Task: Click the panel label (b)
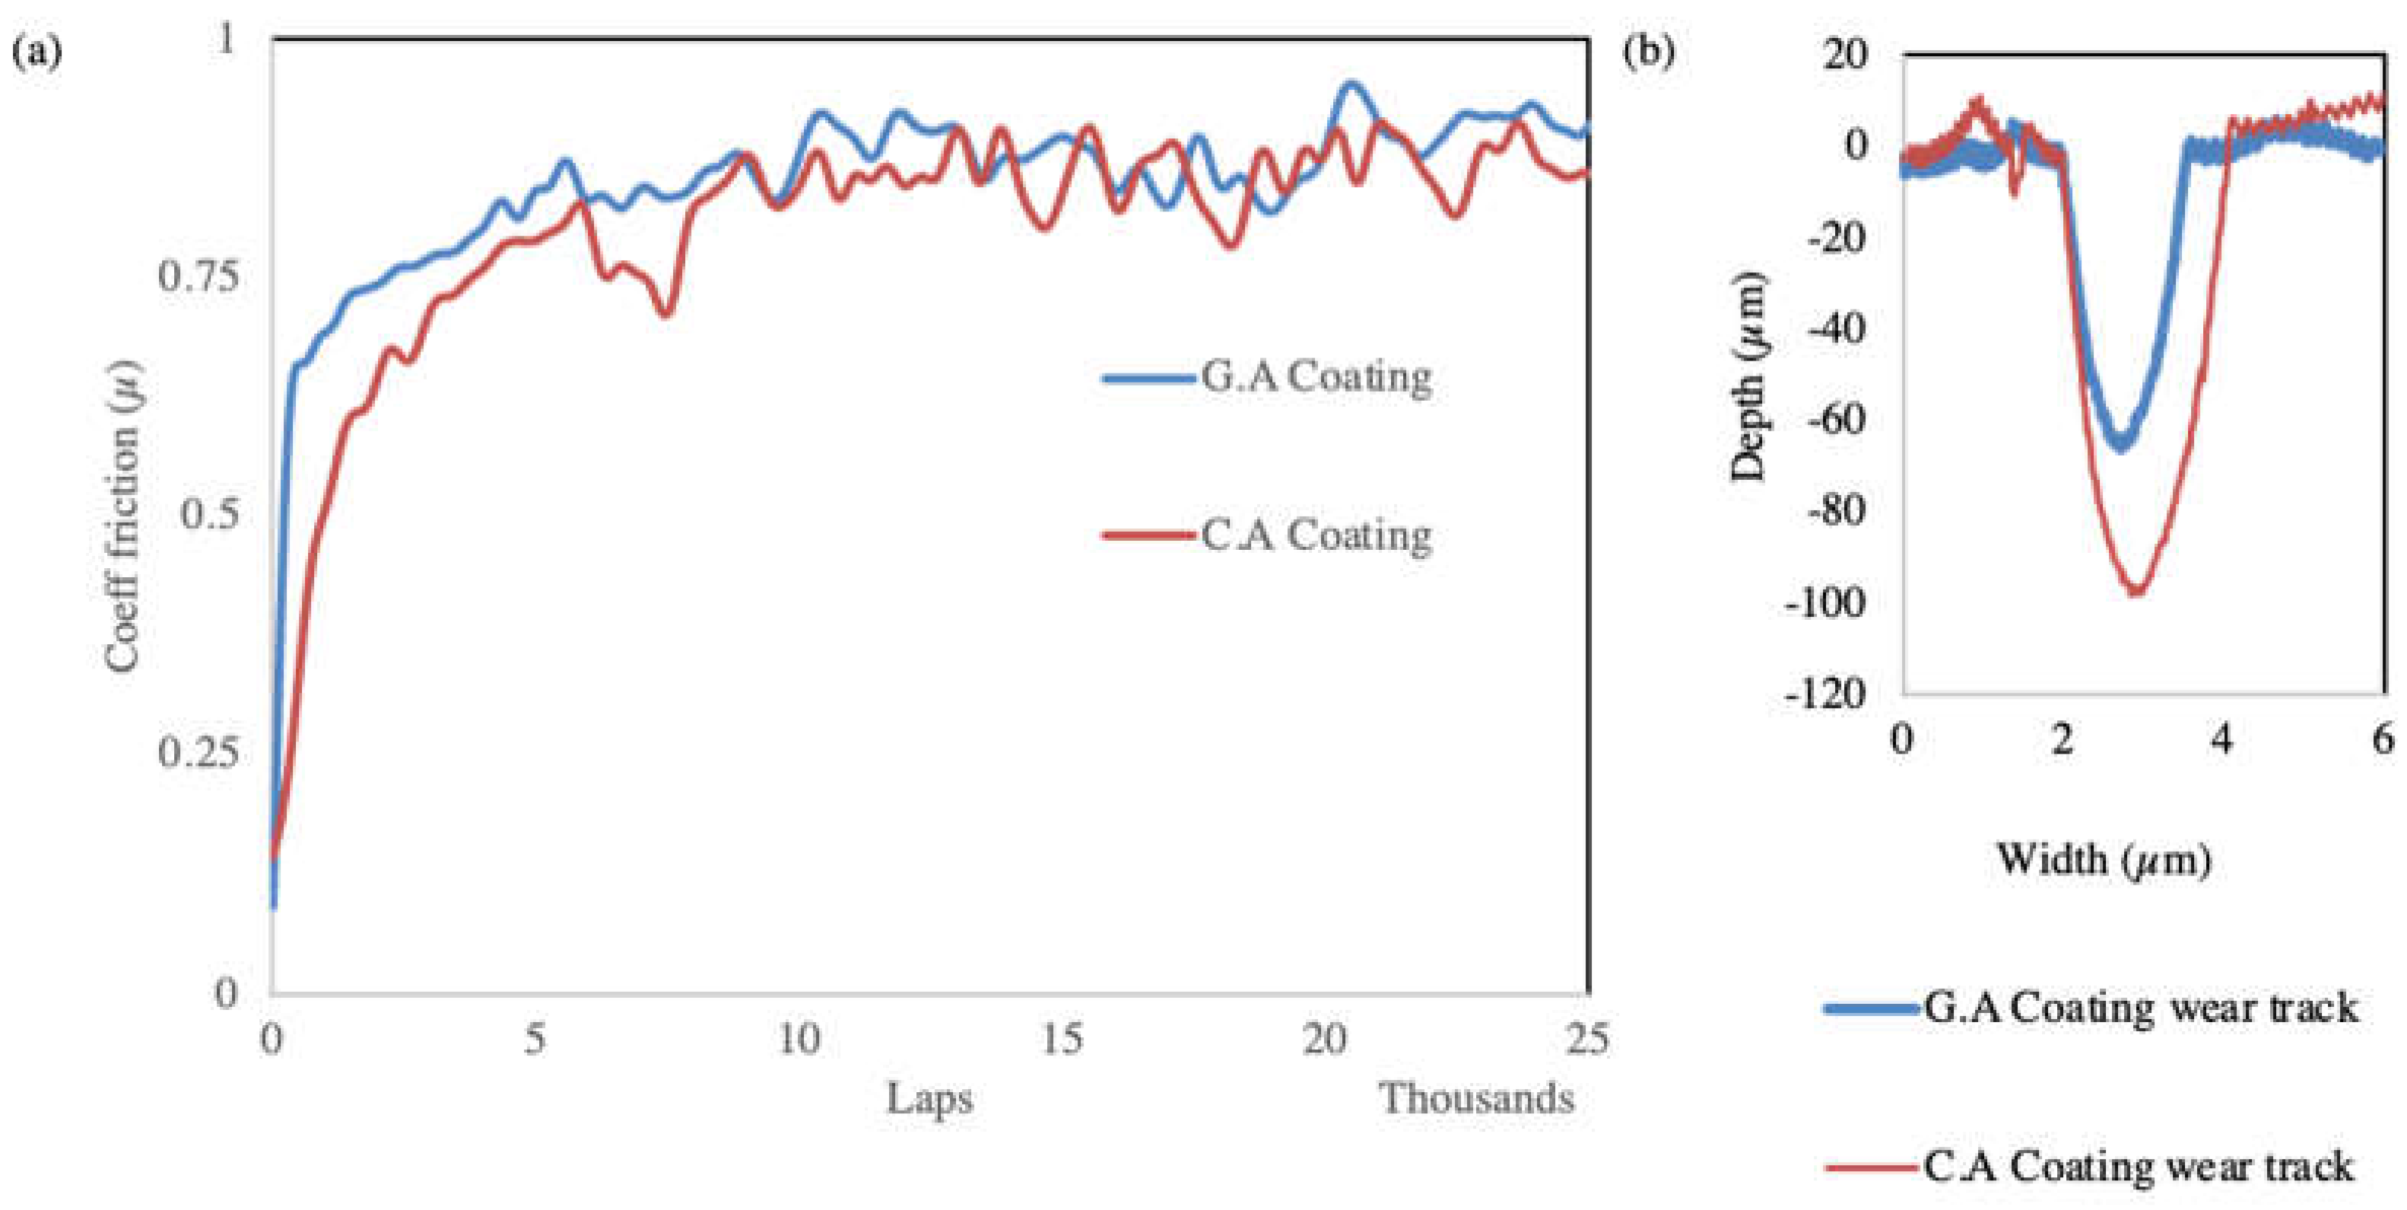click(x=1650, y=52)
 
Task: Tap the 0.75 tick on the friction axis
click(x=197, y=277)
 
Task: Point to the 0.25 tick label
click(x=197, y=753)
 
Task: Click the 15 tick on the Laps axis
click(x=1062, y=1039)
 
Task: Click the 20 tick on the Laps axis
click(x=1325, y=1039)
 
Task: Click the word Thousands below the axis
click(x=1477, y=1099)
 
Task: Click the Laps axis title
click(x=929, y=1099)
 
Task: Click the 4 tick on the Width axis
click(x=2221, y=740)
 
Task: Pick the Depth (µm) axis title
click(x=1748, y=376)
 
